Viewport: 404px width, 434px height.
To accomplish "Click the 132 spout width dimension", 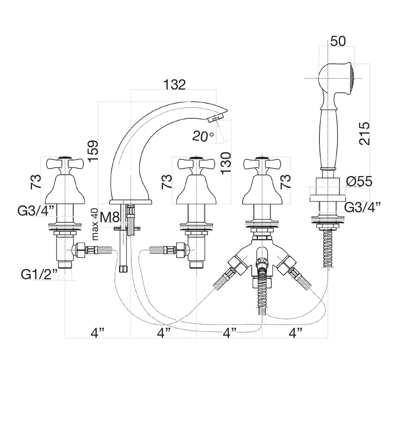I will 174,85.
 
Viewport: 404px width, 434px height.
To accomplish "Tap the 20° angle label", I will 203,136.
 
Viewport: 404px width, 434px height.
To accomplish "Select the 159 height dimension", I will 93,151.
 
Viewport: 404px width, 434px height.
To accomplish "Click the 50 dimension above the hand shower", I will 338,41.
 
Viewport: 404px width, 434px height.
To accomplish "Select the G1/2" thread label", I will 39,274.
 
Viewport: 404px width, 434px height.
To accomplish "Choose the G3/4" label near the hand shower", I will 362,207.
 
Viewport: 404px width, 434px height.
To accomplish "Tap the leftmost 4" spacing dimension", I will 97,333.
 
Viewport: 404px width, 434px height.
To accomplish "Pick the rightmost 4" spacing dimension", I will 295,333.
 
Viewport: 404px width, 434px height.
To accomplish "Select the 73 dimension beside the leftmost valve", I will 35,182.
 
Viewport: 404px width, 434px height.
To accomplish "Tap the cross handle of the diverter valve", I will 262,164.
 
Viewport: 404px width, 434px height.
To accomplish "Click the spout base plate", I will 131,202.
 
